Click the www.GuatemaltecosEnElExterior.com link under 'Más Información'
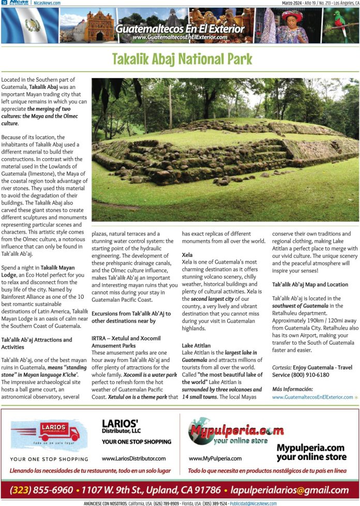[312, 397]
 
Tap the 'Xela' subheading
[187, 255]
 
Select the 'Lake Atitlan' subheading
[196, 345]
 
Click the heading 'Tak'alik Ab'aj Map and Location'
[310, 285]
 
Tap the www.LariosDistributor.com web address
[133, 458]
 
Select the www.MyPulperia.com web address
[215, 458]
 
